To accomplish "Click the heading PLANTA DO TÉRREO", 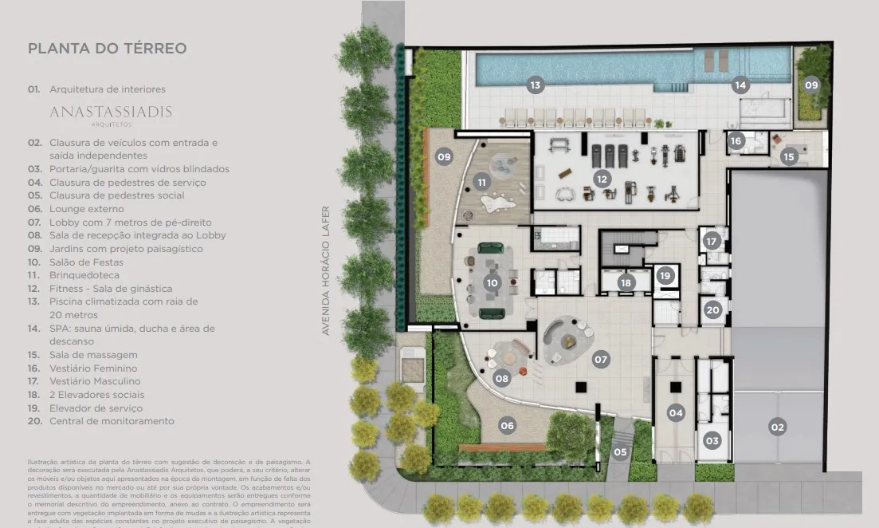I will (108, 49).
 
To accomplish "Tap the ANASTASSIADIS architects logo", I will (111, 112).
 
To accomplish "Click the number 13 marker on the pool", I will (536, 85).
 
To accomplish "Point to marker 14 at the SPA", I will (740, 85).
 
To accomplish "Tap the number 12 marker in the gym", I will (602, 179).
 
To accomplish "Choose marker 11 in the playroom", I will (481, 182).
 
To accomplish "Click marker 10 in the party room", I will (492, 282).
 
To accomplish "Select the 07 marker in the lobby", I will (601, 360).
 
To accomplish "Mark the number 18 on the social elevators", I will (626, 282).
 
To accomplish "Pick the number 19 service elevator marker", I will (665, 276).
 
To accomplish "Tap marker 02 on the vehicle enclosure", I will (777, 427).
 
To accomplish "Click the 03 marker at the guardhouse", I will (712, 441).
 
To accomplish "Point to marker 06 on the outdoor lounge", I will (508, 425).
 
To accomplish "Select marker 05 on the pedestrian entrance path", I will (620, 452).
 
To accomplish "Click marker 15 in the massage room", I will (789, 157).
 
